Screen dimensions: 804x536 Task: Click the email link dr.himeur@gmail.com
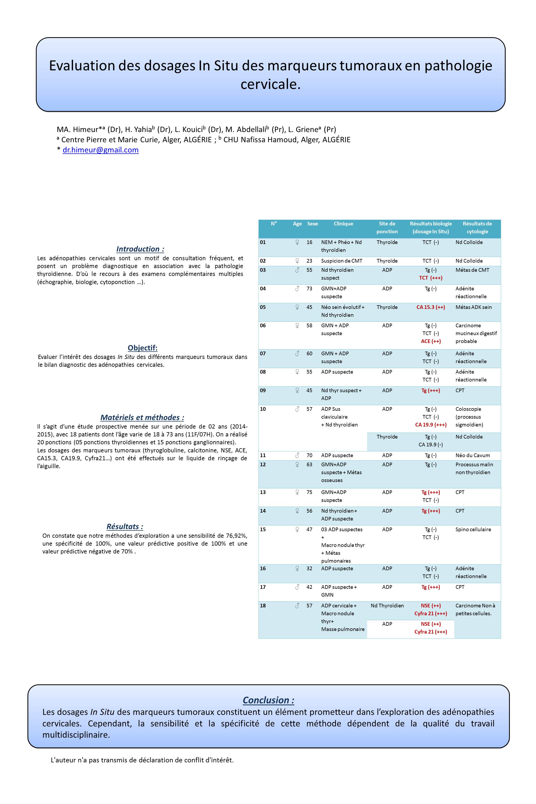(101, 150)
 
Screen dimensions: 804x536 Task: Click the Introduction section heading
(140, 249)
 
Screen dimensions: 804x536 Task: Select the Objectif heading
(142, 348)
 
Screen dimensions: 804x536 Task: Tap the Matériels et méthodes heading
(142, 417)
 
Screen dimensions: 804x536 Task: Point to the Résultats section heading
(125, 526)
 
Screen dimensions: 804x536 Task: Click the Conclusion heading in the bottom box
(268, 700)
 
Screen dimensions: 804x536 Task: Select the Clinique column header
(343, 224)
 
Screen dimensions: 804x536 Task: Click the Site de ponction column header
(387, 228)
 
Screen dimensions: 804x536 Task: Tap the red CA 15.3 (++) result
(430, 307)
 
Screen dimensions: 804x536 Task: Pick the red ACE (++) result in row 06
(430, 341)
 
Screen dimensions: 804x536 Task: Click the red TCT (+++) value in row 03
(430, 278)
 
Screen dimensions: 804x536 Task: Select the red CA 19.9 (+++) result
(430, 425)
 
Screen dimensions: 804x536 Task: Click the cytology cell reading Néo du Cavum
(472, 456)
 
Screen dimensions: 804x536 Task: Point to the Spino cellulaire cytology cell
(473, 529)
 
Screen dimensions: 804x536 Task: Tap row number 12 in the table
(263, 464)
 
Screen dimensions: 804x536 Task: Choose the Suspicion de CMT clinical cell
(341, 261)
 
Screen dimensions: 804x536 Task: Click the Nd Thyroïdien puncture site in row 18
(387, 606)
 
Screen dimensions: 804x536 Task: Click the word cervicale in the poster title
(270, 84)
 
